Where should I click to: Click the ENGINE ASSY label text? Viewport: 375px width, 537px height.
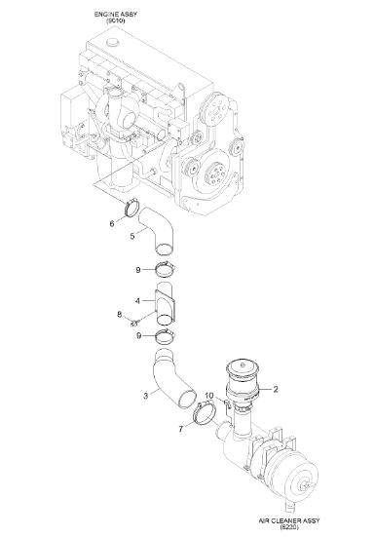[116, 15]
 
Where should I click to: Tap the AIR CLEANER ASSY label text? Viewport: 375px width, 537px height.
[289, 520]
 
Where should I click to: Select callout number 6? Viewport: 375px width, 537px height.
[112, 223]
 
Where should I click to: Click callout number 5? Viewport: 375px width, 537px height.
[132, 236]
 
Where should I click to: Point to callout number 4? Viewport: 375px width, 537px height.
[137, 301]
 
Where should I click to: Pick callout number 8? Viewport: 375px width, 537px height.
[119, 314]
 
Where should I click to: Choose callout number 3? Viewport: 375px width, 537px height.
[146, 396]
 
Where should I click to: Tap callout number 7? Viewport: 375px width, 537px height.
[181, 429]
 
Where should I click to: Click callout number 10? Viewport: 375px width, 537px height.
[209, 395]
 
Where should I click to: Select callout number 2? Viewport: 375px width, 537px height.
[275, 389]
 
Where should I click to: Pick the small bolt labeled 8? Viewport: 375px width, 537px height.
[134, 323]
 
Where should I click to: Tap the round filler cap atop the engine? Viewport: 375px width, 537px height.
[113, 43]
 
